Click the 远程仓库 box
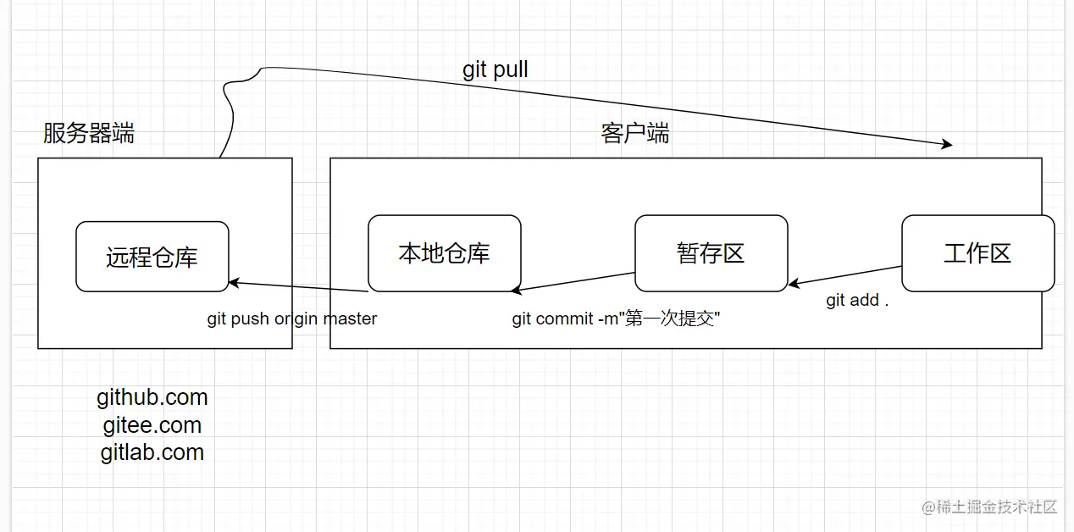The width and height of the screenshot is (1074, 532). pos(152,257)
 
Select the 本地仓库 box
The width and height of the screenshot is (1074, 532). pos(444,252)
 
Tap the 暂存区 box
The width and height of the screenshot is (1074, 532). pos(711,252)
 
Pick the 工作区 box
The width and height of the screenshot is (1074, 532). pos(977,252)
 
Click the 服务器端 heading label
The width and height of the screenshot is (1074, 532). pos(89,133)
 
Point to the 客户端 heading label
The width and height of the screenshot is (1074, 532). pos(635,133)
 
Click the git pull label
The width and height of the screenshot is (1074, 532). pos(495,69)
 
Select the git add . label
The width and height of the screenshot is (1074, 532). pos(857,301)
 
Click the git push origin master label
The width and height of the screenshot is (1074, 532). pos(292,319)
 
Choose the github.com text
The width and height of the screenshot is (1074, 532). pos(152,397)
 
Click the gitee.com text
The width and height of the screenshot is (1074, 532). pos(152,424)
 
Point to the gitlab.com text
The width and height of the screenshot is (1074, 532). pos(152,452)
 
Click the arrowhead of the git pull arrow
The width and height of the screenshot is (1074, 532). pos(946,145)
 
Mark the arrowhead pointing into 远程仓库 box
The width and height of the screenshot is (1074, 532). pos(235,282)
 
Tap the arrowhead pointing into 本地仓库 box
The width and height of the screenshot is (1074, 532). pos(518,291)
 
